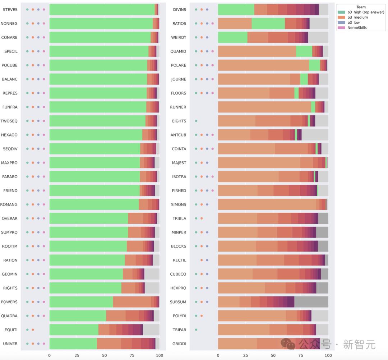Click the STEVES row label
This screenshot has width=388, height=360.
pos(10,10)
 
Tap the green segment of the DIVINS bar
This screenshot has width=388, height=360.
pos(236,10)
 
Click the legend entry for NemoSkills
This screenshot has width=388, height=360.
pos(357,28)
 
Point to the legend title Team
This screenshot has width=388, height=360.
pos(361,7)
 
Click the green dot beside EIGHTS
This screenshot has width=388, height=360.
pos(196,121)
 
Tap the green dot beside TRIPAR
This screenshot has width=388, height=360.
pos(196,329)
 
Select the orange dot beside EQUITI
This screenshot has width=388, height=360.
pos(33,329)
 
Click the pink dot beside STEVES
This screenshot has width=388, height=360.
pos(44,10)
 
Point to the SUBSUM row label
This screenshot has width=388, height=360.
pos(178,302)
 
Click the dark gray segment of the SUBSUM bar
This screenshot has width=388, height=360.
pos(311,302)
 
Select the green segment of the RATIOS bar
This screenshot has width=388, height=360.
pos(268,24)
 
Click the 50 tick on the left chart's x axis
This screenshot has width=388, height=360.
pos(105,355)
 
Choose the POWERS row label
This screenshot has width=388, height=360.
pos(9,302)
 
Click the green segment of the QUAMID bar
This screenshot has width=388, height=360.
pos(304,51)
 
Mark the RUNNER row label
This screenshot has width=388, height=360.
pos(178,107)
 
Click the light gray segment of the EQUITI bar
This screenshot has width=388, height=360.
pos(151,329)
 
